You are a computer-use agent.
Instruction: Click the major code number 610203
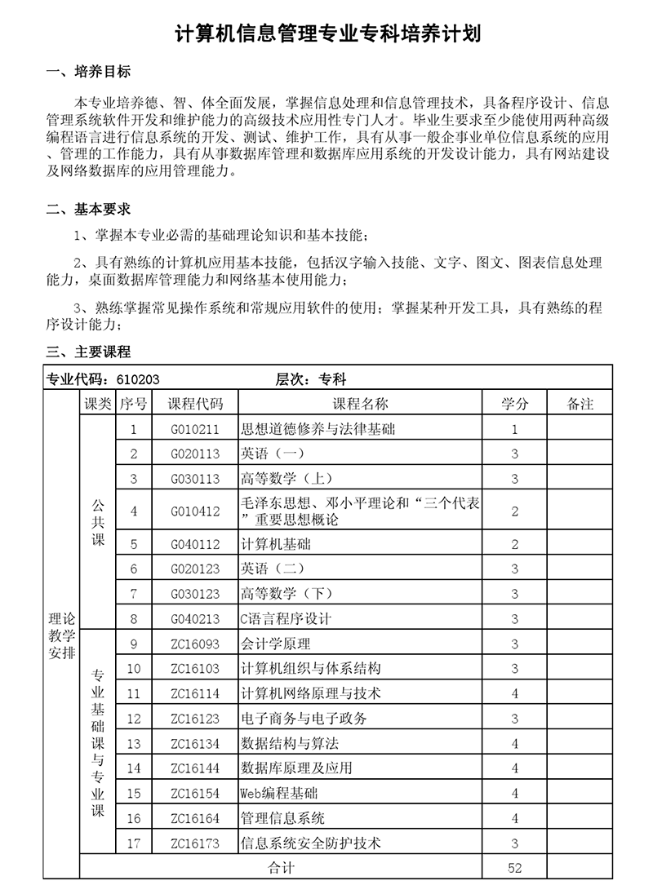pos(138,379)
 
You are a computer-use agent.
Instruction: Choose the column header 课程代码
pos(195,404)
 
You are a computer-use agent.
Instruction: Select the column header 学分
pos(514,404)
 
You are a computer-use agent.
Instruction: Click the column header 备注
pos(580,404)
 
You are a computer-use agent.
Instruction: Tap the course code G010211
pos(195,429)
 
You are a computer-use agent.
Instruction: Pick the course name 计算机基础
pos(276,544)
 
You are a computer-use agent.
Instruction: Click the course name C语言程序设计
pos(286,619)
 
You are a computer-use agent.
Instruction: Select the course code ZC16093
pos(195,644)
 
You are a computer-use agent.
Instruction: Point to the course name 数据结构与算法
pos(290,744)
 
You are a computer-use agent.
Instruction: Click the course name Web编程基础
pos(279,793)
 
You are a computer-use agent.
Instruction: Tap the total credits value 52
pos(514,868)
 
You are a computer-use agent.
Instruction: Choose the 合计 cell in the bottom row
pos(282,868)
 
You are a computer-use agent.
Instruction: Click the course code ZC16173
pos(195,843)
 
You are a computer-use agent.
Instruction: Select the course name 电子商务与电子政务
pos(304,719)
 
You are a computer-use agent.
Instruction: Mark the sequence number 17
pos(134,843)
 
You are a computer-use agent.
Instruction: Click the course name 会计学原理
pos(276,644)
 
